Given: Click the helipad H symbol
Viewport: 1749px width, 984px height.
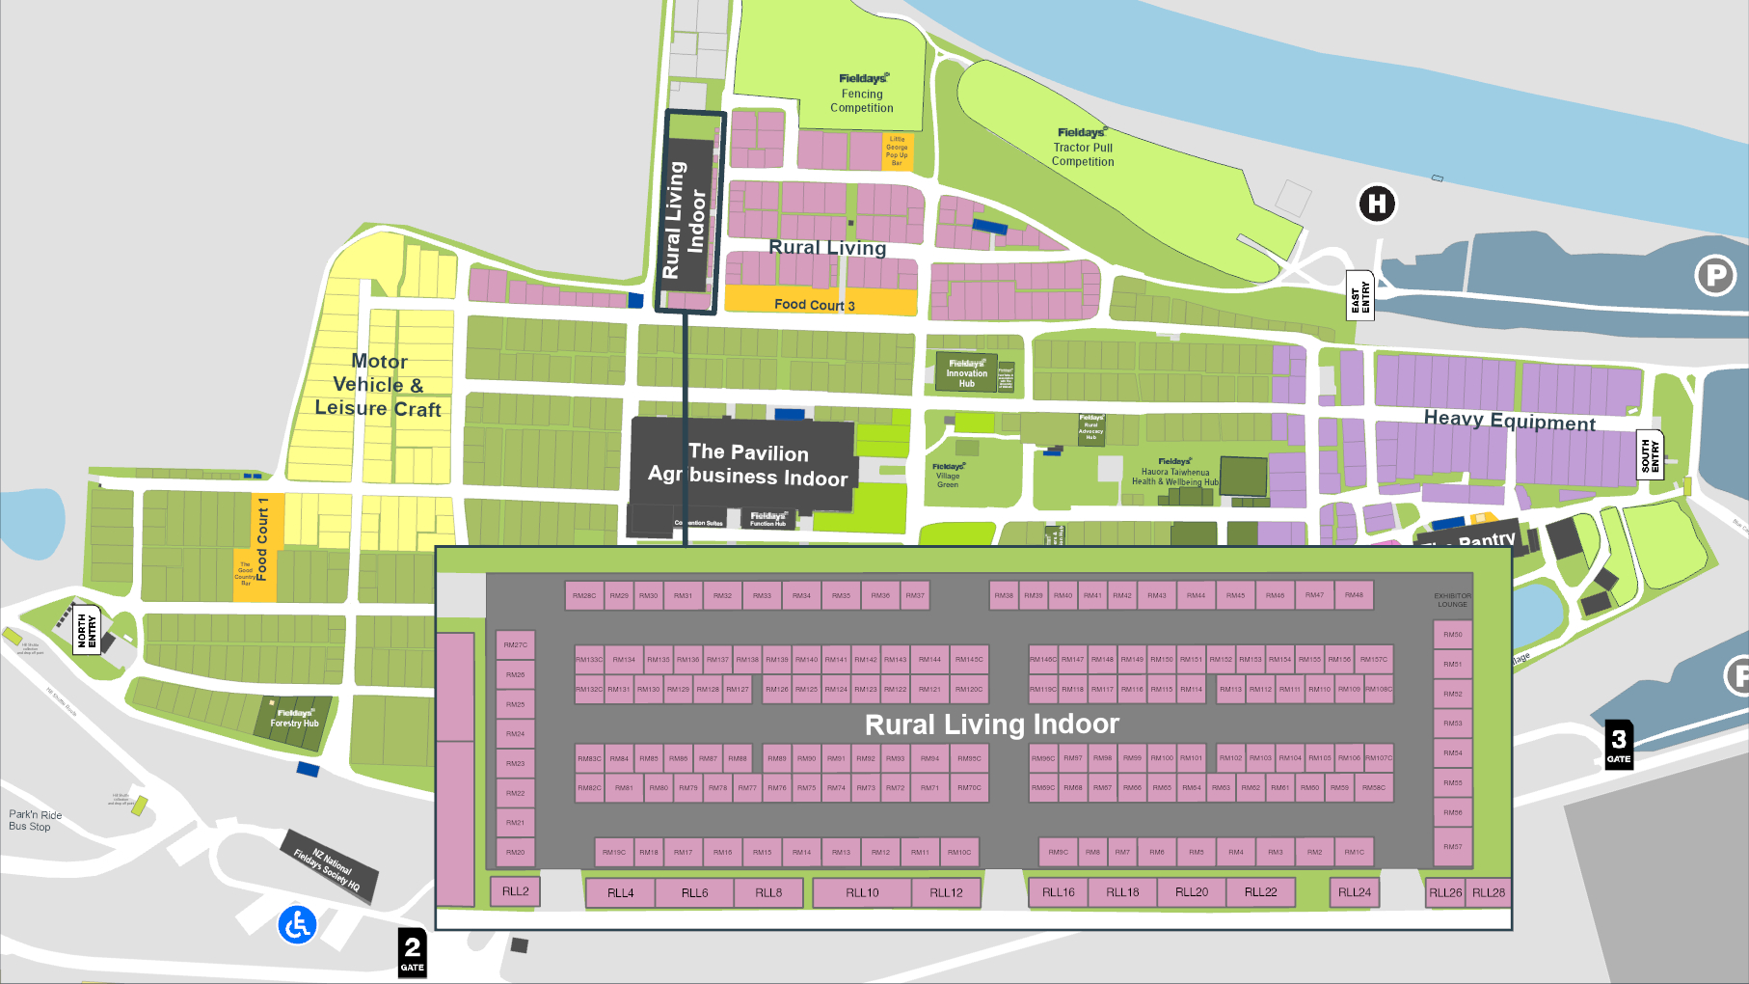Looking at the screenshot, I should [x=1377, y=204].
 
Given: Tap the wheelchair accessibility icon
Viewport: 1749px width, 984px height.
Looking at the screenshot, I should [x=297, y=924].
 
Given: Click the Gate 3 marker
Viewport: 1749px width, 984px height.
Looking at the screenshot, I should [x=1619, y=745].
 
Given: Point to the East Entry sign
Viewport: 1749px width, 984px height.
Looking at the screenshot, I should [x=1359, y=296].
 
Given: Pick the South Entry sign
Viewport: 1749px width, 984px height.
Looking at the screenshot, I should [x=1650, y=455].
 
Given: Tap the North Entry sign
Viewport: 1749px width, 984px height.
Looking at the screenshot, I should [x=87, y=629].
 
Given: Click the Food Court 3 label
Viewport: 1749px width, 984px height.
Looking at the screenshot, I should [x=814, y=305].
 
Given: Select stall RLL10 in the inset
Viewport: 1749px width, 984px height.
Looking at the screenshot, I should [x=862, y=892].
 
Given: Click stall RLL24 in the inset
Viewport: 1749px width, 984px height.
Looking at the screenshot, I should [x=1354, y=892].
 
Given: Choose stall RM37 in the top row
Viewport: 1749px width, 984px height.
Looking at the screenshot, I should [x=914, y=595].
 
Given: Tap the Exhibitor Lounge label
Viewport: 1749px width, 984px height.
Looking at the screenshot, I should [x=1452, y=600].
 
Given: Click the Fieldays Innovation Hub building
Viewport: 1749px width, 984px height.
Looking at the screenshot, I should [x=966, y=372].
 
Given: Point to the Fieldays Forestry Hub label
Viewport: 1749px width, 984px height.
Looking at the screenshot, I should [x=294, y=719].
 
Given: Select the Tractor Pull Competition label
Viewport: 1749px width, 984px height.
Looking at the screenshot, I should [x=1082, y=148].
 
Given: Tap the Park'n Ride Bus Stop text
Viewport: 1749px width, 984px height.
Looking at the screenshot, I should [x=35, y=820].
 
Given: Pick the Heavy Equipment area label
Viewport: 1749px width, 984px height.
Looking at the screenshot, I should [x=1509, y=421].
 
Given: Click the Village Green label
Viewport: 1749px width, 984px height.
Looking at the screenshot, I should [x=948, y=476].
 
